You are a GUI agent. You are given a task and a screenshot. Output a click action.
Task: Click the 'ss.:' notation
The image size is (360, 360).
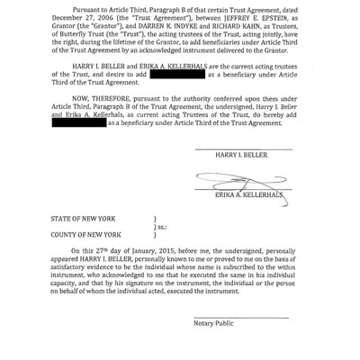click(162, 226)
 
